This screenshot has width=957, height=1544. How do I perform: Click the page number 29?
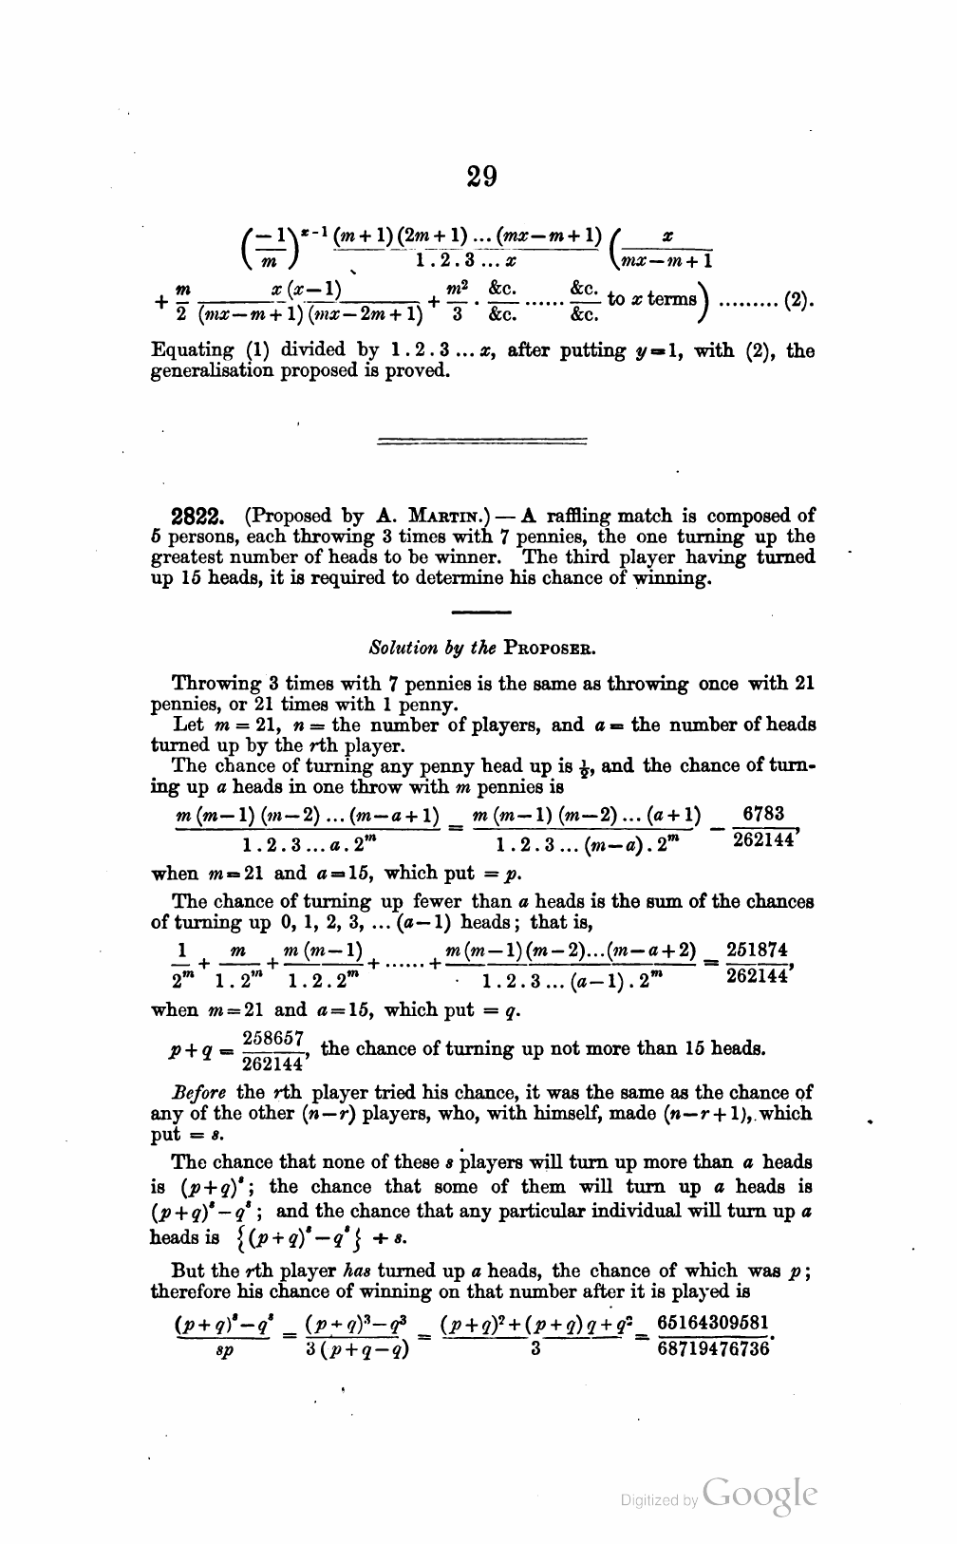[482, 177]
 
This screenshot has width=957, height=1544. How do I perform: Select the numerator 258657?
[273, 1037]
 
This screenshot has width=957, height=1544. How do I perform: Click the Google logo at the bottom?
[760, 1497]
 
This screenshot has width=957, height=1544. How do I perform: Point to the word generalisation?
[209, 370]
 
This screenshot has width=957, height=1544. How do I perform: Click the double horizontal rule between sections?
[482, 441]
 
